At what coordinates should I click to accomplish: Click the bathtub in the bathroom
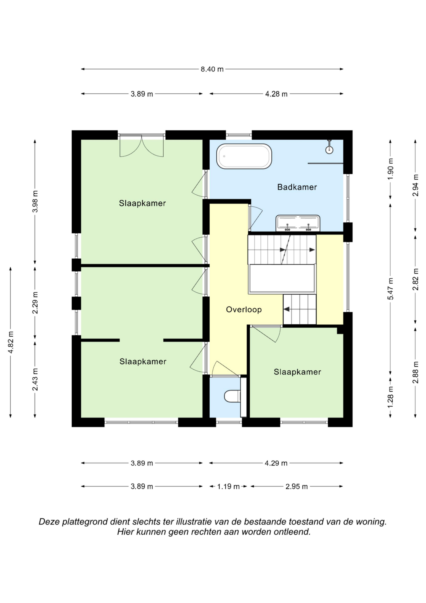244,156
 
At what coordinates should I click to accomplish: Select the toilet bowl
232,396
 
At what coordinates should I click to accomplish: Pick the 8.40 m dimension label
212,69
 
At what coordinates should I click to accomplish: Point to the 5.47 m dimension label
391,289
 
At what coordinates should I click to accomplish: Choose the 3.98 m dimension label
35,201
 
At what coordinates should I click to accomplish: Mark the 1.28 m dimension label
391,397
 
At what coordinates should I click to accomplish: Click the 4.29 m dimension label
276,463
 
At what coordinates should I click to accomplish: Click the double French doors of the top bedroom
141,146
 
